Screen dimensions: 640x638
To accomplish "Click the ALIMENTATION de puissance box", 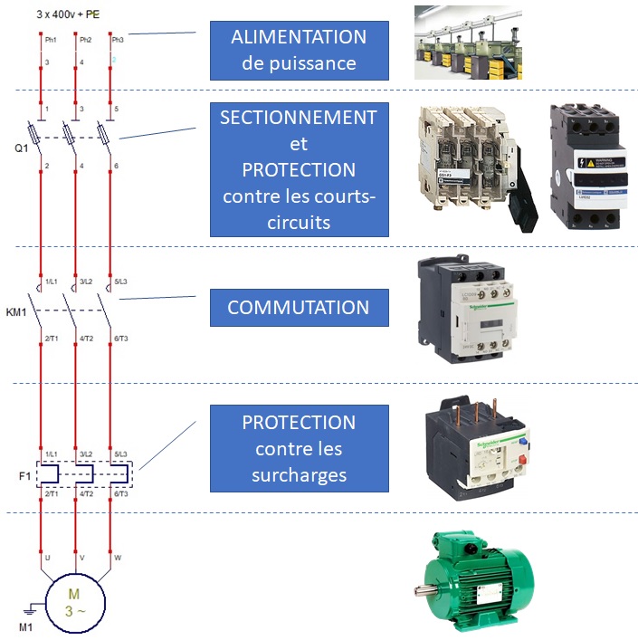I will click(299, 50).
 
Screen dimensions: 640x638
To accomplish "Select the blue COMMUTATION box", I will click(299, 307).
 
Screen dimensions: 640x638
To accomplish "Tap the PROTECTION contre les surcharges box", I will click(299, 448).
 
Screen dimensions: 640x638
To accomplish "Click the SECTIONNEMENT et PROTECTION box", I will click(299, 169).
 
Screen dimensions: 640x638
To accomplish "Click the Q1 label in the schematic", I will click(22, 148).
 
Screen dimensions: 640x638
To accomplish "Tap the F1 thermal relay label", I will click(24, 473).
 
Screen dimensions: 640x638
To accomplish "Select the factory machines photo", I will click(471, 43).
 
